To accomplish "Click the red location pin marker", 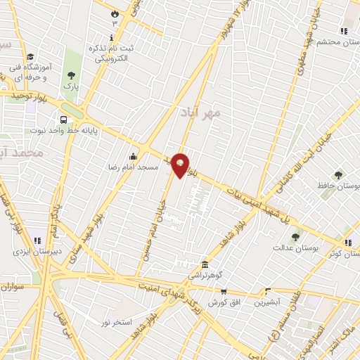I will [181, 165].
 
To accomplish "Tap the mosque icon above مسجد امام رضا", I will [133, 157].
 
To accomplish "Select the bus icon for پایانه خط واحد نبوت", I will [64, 120].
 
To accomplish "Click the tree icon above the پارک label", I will [70, 75].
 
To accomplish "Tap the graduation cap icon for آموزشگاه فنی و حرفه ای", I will [30, 57].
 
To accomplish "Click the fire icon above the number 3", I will [115, 13].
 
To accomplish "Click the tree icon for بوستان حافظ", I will [340, 174].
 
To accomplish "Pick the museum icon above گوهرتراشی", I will [205, 264].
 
